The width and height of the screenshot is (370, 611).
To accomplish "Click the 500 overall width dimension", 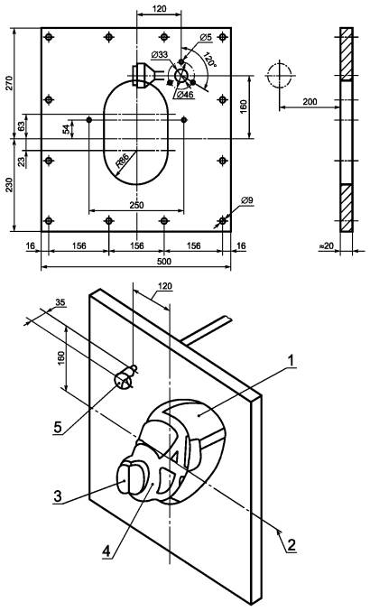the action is [164, 261].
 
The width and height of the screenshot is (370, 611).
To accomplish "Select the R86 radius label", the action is [123, 161].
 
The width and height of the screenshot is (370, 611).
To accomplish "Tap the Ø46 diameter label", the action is [185, 94].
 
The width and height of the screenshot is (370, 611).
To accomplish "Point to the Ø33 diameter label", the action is [160, 54].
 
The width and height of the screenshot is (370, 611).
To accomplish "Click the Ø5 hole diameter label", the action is [206, 37].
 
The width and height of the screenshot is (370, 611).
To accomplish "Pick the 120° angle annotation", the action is [209, 60].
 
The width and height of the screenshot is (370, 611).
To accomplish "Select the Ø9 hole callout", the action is [247, 200].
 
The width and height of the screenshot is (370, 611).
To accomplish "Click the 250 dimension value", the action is [136, 205].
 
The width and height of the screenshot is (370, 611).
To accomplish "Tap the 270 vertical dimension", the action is [8, 82].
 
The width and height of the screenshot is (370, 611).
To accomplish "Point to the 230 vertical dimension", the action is [8, 185].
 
